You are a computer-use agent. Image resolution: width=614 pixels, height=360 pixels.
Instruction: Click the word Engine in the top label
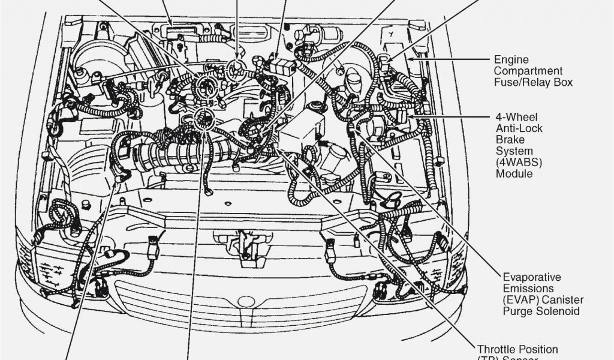tap(511, 60)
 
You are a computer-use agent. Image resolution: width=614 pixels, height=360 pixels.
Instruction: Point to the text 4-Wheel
tap(516, 116)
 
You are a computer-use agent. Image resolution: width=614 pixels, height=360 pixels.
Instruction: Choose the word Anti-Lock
tap(519, 128)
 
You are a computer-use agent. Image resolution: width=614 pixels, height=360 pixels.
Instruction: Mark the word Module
tap(514, 173)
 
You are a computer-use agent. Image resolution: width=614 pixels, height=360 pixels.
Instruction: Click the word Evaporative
tap(532, 278)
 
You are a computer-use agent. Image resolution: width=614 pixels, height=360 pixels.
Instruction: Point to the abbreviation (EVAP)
tap(519, 300)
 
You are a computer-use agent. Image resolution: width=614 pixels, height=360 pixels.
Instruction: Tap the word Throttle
tap(496, 349)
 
